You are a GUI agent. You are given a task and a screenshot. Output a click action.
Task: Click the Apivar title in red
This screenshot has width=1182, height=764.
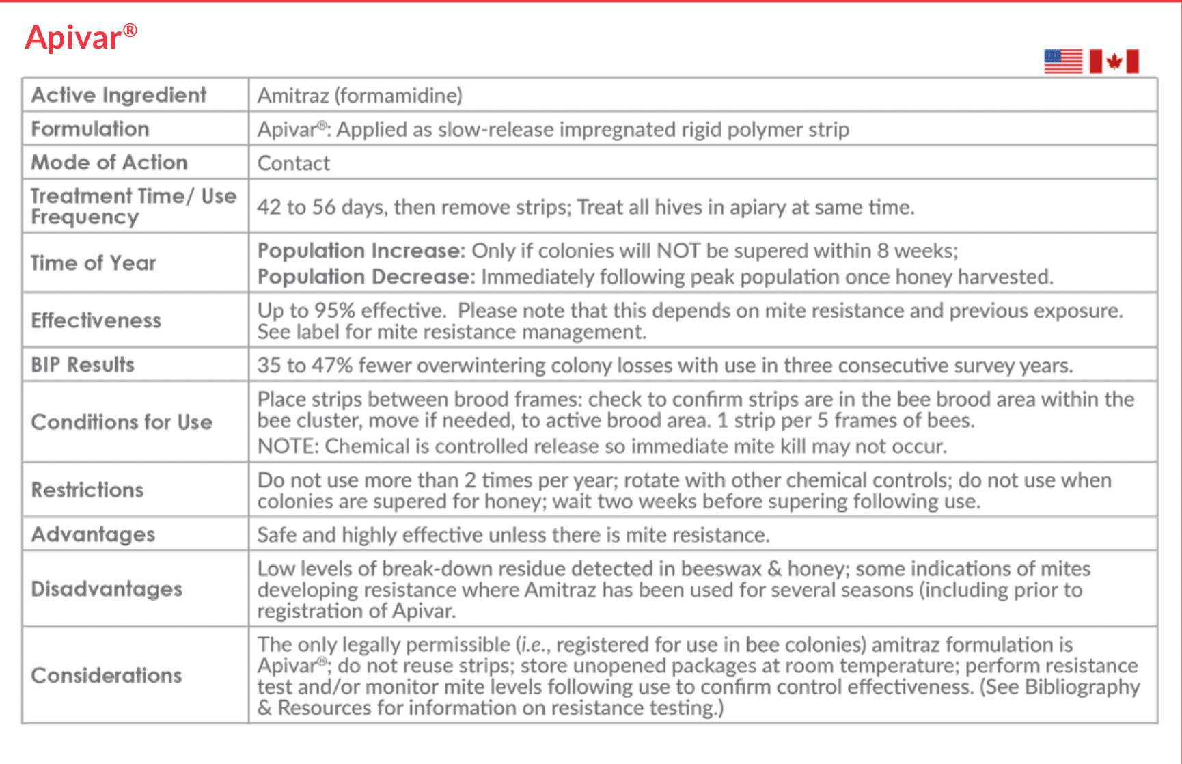81,37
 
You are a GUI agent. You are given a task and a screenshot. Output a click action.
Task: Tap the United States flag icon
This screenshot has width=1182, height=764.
1063,62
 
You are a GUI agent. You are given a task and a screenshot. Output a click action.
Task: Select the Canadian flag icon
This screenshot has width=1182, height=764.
1114,62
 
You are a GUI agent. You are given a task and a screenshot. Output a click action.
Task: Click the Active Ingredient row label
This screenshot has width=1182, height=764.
119,95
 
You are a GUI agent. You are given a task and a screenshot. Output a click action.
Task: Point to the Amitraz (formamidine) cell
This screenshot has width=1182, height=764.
359,95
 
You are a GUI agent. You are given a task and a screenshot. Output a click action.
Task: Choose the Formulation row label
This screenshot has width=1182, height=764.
90,129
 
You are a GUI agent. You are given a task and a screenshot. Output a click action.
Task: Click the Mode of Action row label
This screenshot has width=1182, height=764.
109,163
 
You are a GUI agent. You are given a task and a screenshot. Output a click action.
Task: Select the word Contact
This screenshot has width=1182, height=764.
293,163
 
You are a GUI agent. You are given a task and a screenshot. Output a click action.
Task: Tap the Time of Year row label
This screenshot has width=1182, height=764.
94,263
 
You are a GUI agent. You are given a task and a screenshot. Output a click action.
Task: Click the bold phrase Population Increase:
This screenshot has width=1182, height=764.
361,251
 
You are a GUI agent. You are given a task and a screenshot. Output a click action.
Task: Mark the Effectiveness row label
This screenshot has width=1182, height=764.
96,320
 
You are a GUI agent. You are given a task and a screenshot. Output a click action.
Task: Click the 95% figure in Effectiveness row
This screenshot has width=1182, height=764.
334,311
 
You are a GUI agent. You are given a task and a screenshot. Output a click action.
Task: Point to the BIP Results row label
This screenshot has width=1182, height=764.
83,365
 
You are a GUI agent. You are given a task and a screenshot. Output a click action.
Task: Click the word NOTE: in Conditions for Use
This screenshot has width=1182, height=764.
288,446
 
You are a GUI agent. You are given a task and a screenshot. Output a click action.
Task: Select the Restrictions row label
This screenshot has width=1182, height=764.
87,490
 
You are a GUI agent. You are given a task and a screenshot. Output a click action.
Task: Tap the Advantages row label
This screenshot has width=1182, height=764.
94,534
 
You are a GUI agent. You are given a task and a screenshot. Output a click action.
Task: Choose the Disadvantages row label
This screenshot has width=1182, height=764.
107,589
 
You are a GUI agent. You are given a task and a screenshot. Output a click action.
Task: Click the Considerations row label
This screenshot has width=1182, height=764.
107,675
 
